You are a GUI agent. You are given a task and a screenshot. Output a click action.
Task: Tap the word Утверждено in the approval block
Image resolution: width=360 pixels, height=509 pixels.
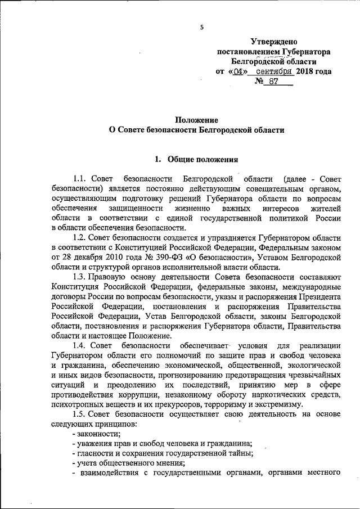pyautogui.click(x=273, y=42)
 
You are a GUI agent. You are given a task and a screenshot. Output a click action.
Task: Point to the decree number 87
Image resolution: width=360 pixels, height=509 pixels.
pyautogui.click(x=274, y=82)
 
